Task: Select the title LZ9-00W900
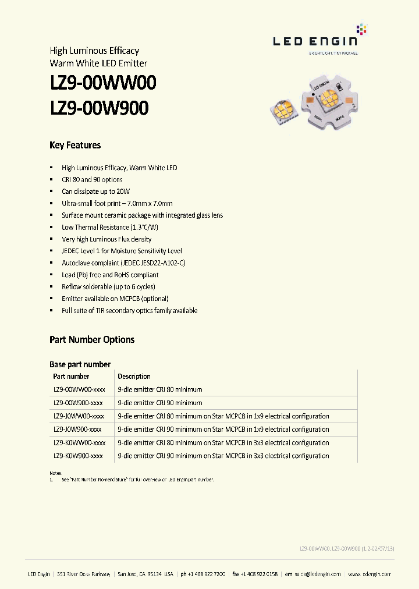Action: [x=99, y=108]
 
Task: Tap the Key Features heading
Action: [x=75, y=146]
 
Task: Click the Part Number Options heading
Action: [x=92, y=340]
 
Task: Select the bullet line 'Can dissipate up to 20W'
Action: [x=95, y=191]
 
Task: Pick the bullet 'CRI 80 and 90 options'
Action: [x=92, y=180]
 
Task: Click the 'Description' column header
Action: [x=134, y=377]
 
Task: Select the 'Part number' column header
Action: [x=71, y=377]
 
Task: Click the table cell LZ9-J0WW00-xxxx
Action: [x=79, y=416]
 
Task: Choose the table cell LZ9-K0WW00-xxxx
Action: [x=79, y=443]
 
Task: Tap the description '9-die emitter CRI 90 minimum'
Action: [x=160, y=403]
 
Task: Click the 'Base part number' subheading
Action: [x=80, y=364]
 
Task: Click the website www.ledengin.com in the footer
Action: [x=370, y=574]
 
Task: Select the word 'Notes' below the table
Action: [x=55, y=473]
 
